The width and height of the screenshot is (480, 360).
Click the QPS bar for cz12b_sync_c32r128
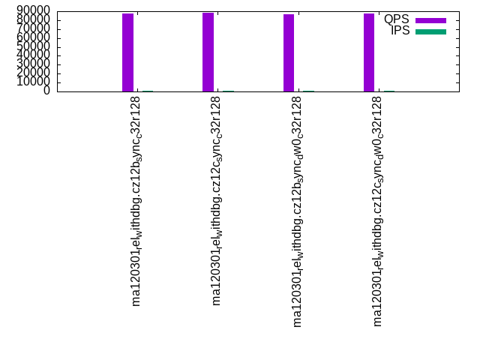click(x=127, y=52)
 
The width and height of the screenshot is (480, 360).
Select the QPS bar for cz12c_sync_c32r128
click(x=208, y=52)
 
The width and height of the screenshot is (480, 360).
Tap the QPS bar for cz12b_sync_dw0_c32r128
click(x=289, y=52)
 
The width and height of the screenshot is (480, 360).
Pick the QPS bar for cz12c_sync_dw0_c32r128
click(x=369, y=52)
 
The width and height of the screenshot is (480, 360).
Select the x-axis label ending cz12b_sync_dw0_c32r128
click(x=297, y=213)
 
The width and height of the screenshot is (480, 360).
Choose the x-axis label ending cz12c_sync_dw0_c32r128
click(x=377, y=213)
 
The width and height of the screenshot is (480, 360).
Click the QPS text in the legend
click(x=397, y=19)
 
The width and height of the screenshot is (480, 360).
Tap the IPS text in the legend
click(x=400, y=31)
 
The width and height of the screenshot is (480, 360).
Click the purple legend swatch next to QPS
click(x=430, y=20)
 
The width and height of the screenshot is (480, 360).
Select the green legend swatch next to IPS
click(x=430, y=31)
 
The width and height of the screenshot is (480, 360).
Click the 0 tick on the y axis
click(x=46, y=91)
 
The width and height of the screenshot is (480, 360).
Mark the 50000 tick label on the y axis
click(x=34, y=46)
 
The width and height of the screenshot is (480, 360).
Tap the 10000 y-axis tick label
click(x=34, y=82)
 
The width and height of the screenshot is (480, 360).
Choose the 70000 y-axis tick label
click(x=34, y=28)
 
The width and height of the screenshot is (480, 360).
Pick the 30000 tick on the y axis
click(x=34, y=64)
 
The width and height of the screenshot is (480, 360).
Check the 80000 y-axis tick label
click(x=34, y=19)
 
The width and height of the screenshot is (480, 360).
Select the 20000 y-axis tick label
click(x=34, y=73)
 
